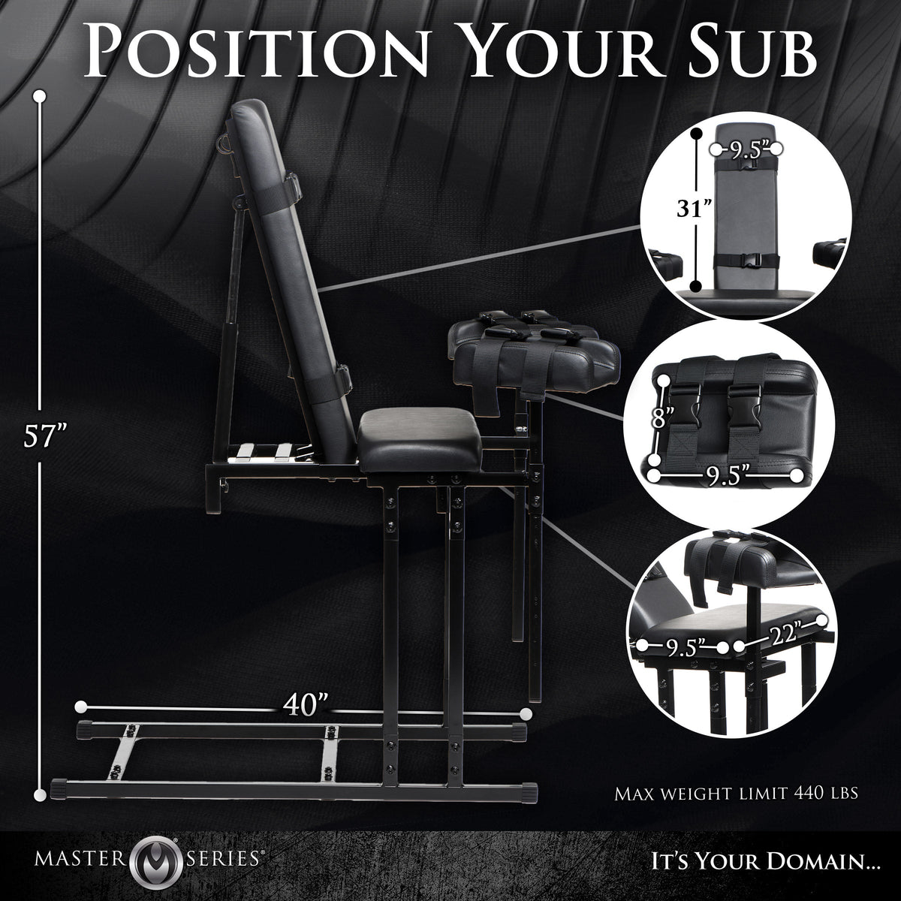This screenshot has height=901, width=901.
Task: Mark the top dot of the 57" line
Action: tap(38, 96)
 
